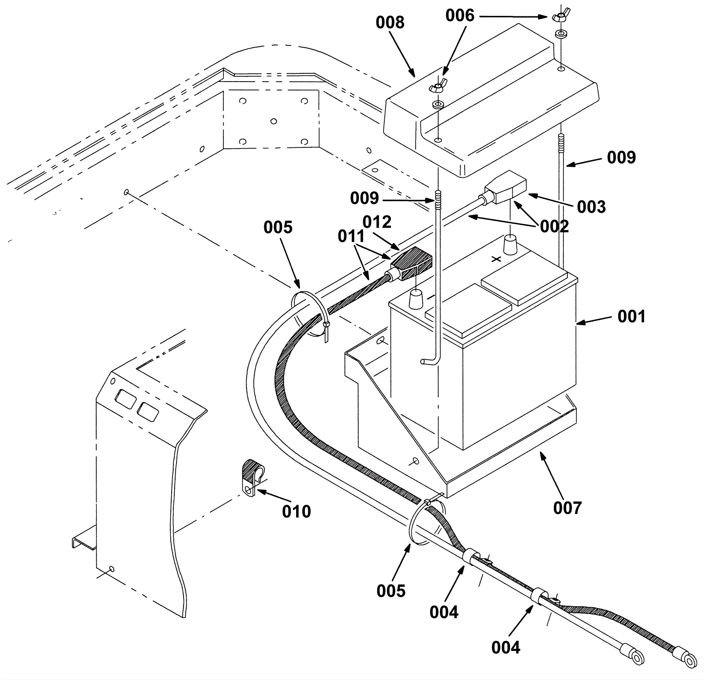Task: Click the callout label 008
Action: point(390,23)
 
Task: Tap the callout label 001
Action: point(631,316)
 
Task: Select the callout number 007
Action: point(567,508)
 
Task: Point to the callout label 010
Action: point(297,511)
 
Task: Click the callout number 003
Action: point(591,207)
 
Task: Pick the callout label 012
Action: point(377,222)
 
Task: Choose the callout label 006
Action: point(459,16)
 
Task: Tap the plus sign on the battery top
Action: point(496,259)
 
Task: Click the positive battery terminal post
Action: point(511,245)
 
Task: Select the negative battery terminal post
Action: point(416,300)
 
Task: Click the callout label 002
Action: point(554,226)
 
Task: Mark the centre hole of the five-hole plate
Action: point(274,121)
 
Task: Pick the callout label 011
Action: point(351,237)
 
